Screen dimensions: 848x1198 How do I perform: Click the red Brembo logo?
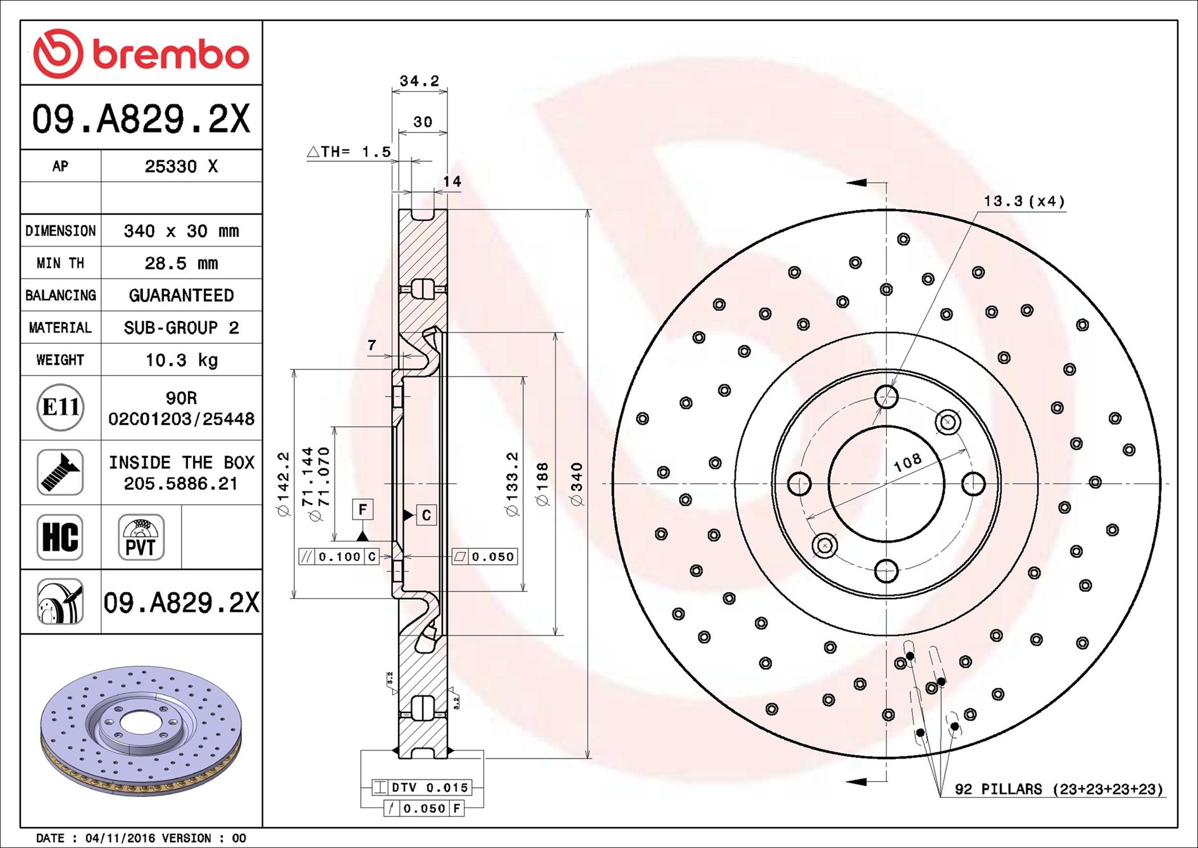click(x=140, y=53)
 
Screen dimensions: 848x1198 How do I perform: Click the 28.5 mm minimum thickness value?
click(x=181, y=263)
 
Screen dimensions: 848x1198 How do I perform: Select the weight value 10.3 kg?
click(x=181, y=360)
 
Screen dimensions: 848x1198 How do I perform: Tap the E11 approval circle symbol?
click(x=60, y=407)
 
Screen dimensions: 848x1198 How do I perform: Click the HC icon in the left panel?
click(x=60, y=537)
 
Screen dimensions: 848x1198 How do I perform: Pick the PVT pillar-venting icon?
click(x=140, y=537)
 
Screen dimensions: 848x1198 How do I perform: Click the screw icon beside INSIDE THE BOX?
click(x=60, y=472)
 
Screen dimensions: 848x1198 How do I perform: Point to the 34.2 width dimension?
click(x=419, y=81)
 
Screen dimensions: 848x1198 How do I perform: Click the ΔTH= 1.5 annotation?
click(x=349, y=151)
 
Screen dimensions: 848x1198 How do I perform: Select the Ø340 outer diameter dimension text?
click(x=576, y=484)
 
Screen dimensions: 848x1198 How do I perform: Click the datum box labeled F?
click(x=363, y=509)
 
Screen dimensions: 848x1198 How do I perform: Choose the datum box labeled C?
click(x=427, y=516)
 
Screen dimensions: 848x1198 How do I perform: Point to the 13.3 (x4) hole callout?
click(x=1023, y=201)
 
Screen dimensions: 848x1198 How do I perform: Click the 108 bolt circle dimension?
click(x=907, y=462)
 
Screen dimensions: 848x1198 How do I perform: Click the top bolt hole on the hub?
click(x=886, y=397)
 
